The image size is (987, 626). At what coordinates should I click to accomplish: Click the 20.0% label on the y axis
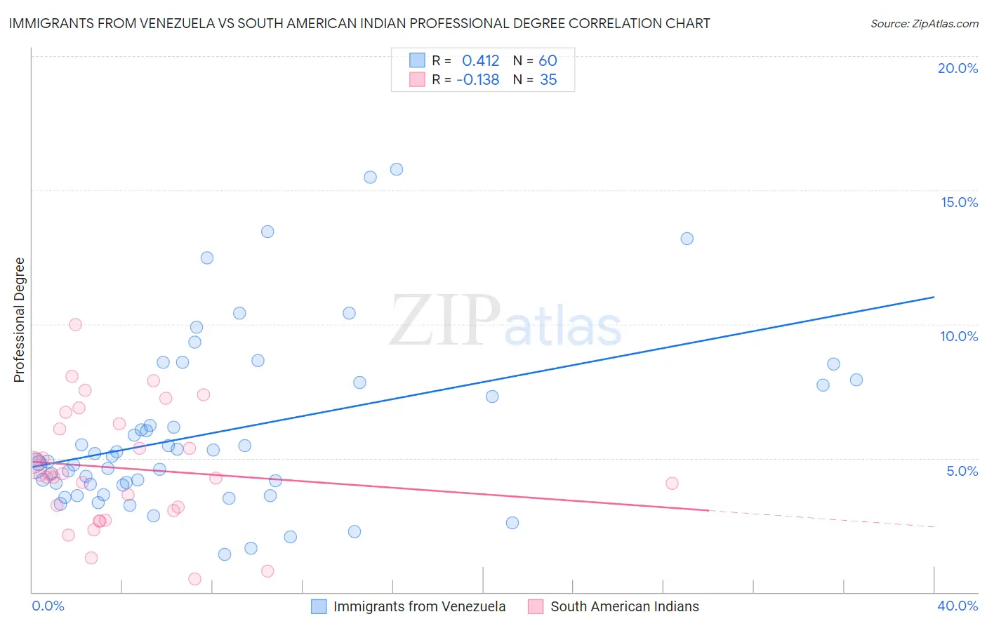coord(958,68)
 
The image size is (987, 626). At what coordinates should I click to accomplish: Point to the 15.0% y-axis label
coord(959,202)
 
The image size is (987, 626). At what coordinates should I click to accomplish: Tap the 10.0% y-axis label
coord(959,336)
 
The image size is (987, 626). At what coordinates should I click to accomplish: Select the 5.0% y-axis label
coord(962,471)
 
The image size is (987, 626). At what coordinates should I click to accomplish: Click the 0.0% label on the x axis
coord(48,606)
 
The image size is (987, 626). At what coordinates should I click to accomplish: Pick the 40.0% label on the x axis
coord(958,606)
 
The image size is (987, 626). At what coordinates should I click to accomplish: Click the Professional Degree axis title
coord(19,320)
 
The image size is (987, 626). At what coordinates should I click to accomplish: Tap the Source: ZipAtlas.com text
coord(924,23)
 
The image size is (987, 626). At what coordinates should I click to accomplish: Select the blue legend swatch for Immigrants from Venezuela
coord(319,606)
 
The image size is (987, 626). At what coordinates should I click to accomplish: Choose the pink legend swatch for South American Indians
coord(536,606)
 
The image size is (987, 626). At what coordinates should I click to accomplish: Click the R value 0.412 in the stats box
coord(480,60)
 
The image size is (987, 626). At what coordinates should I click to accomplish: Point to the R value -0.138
coord(477,79)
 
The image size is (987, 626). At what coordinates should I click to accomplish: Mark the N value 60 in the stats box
coord(548,60)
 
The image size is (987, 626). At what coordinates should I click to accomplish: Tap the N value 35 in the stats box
coord(548,79)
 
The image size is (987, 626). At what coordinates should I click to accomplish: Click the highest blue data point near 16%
coord(397,169)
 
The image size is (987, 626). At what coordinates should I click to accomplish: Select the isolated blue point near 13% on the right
coord(687,239)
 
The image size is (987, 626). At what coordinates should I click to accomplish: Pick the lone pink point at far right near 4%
coord(672,483)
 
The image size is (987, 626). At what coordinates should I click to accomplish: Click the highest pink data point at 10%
coord(75,324)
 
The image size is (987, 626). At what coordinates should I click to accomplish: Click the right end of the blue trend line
coord(934,297)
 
